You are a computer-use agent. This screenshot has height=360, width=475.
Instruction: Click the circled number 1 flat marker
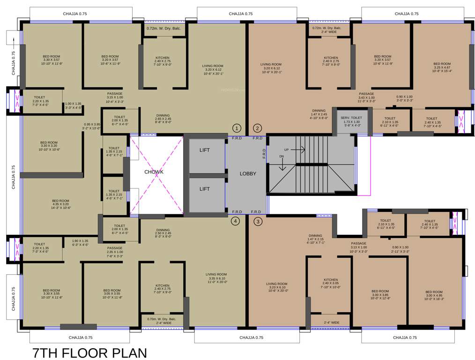tap(237, 128)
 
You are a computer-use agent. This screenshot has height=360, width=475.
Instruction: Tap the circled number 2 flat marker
tap(257, 128)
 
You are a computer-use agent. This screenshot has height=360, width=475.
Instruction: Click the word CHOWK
tap(154, 172)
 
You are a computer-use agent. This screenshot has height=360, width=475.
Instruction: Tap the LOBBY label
tap(248, 173)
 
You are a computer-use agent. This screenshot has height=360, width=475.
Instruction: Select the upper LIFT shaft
tap(205, 150)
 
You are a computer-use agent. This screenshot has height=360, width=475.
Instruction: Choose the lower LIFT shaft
tap(205, 189)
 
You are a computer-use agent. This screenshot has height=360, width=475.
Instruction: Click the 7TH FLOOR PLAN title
tap(89, 352)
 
